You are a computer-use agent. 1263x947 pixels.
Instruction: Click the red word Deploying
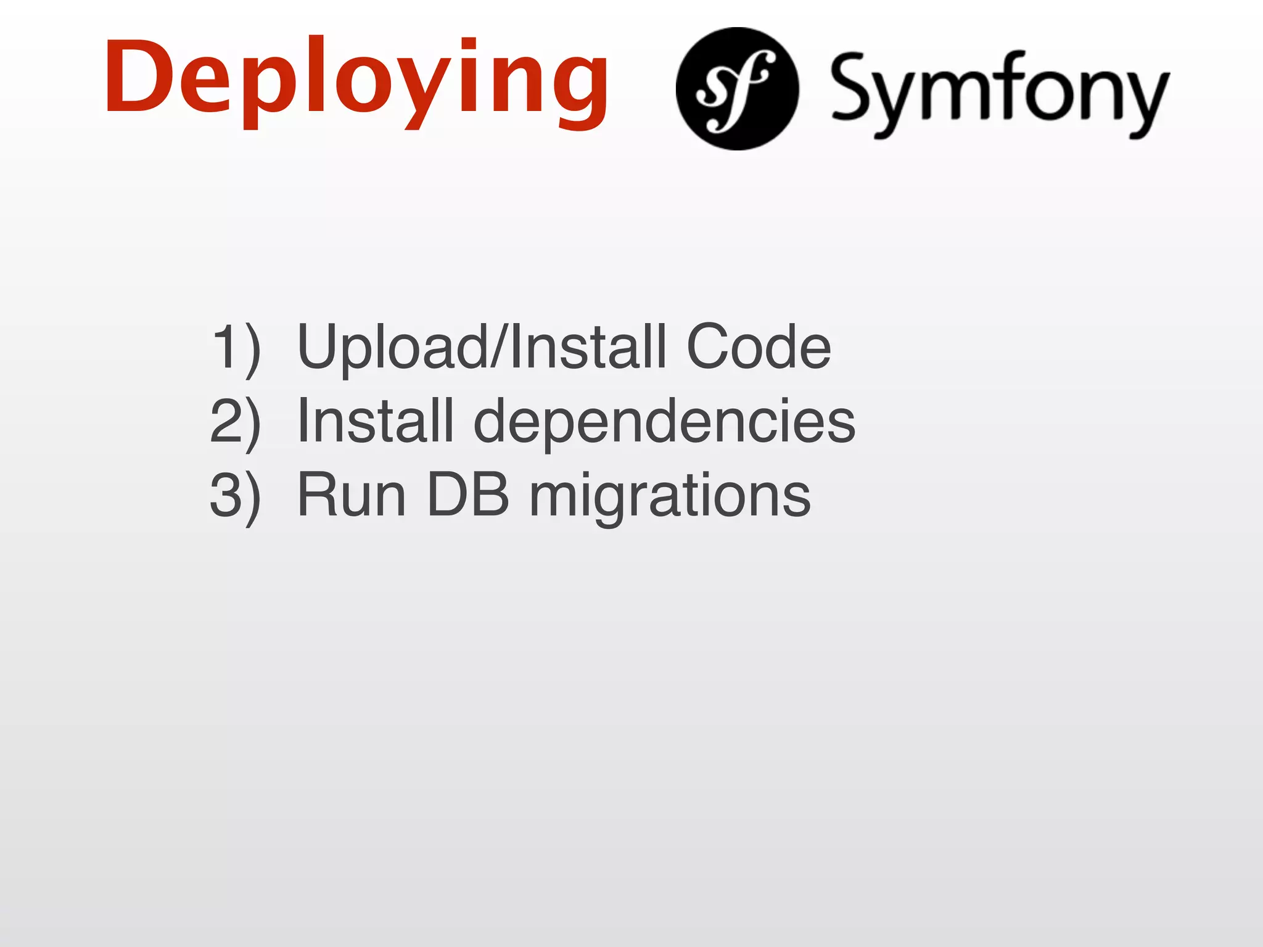(356, 80)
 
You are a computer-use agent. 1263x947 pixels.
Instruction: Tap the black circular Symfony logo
(737, 89)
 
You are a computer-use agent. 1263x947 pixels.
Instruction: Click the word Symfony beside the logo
(999, 92)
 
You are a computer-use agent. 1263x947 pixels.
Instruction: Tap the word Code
(759, 347)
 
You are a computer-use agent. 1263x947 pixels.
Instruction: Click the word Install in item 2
(375, 421)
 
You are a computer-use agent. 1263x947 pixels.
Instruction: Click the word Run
(352, 495)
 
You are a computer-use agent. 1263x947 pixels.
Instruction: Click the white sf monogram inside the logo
(734, 89)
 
